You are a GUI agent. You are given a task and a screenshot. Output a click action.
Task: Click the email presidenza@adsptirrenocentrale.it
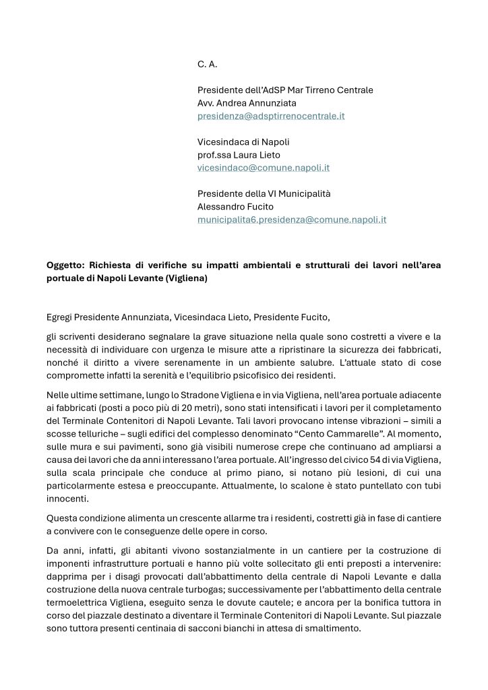pos(271,116)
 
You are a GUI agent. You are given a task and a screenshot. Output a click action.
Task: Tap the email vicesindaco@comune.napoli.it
pos(263,168)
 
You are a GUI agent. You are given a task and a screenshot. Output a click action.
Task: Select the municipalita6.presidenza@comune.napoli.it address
pos(291,220)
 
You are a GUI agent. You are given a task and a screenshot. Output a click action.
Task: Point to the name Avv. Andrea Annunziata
pos(246,103)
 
